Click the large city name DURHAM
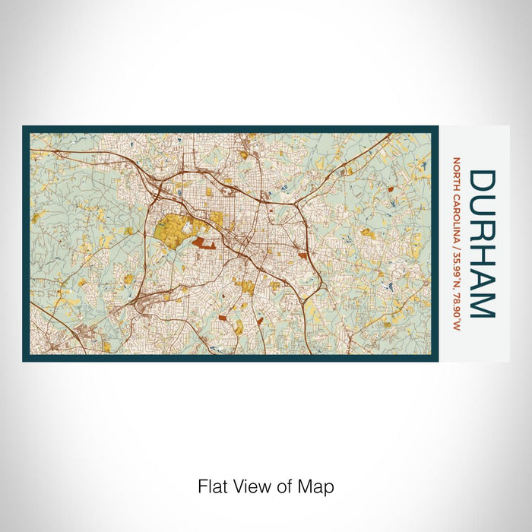tap(482, 243)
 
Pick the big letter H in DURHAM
tap(482, 254)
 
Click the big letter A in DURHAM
tap(482, 277)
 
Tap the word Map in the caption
tap(318, 486)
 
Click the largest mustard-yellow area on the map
tap(173, 232)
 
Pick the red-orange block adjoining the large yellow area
tap(203, 242)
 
